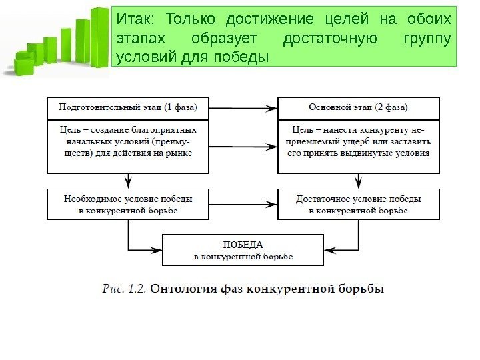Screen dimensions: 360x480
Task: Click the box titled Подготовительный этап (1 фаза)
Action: click(127, 107)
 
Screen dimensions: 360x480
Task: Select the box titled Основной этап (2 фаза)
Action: click(359, 107)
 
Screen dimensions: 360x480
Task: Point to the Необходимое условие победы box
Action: click(127, 204)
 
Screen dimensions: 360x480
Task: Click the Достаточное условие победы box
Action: click(359, 204)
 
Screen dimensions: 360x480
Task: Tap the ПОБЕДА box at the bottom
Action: click(243, 249)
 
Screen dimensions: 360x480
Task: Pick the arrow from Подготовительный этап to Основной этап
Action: click(242, 107)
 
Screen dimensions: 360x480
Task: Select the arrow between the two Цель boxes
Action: click(242, 147)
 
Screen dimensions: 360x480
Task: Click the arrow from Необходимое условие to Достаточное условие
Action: click(242, 202)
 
